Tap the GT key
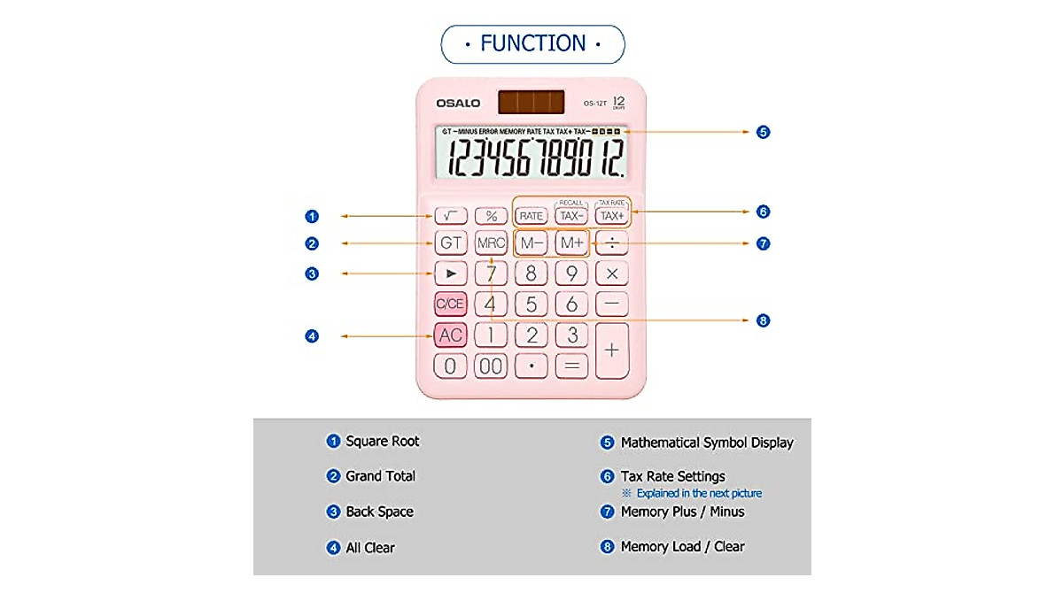click(x=451, y=243)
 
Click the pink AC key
click(x=451, y=335)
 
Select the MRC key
click(x=491, y=243)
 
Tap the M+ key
click(x=571, y=243)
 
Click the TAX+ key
click(x=611, y=215)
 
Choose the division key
click(x=611, y=243)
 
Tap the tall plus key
click(x=611, y=350)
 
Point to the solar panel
click(x=531, y=102)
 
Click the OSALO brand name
click(x=458, y=104)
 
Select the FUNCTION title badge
click(x=532, y=43)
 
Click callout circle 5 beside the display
click(x=764, y=132)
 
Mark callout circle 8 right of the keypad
click(x=764, y=320)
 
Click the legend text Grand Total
click(x=380, y=476)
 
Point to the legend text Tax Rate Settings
click(x=672, y=476)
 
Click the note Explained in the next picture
click(x=698, y=493)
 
